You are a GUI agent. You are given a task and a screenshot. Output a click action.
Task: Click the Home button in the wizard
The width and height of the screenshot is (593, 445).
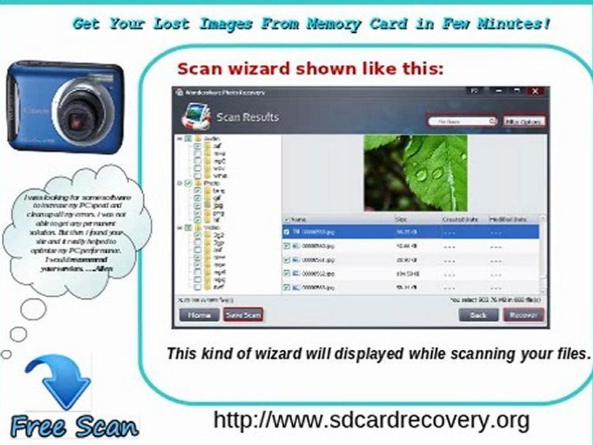(199, 315)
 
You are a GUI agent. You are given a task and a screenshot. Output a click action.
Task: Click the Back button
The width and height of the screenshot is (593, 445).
(478, 315)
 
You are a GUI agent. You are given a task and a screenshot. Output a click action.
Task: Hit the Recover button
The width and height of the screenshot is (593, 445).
(523, 315)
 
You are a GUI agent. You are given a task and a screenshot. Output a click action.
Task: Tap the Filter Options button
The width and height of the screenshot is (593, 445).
(524, 122)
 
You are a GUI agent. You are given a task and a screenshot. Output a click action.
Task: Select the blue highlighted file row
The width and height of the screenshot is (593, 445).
(411, 232)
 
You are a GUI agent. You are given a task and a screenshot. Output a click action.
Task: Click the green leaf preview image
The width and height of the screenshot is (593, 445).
(415, 172)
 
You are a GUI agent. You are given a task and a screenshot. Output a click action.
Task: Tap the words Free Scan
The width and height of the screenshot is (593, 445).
(75, 427)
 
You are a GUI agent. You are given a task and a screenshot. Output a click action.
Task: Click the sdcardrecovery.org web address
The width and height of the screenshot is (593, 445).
(371, 420)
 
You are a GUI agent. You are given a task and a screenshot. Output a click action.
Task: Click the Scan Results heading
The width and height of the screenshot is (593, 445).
(248, 117)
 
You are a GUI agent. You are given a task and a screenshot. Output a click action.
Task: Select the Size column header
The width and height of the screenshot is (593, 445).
(402, 219)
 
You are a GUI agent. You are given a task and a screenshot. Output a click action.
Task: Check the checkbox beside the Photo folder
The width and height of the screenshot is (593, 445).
(188, 184)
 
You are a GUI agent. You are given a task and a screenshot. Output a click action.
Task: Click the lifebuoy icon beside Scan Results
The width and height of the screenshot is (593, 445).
(194, 117)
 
